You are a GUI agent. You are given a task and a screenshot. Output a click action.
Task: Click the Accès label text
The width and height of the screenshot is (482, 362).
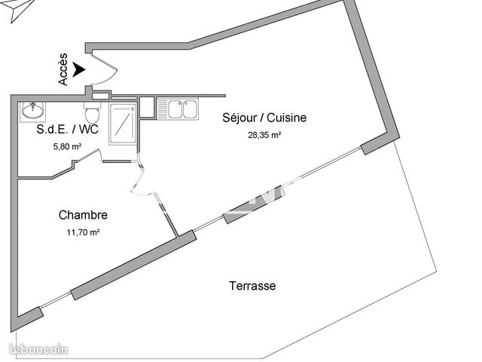click(x=63, y=69)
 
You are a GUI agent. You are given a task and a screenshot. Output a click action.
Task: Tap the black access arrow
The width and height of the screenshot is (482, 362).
click(x=78, y=69)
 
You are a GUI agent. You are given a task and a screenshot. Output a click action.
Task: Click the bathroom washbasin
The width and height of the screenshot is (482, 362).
click(x=32, y=110)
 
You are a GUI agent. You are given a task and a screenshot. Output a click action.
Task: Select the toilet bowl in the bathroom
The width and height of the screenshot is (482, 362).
click(x=92, y=113)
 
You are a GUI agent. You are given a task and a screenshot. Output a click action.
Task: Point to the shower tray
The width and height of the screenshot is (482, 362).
click(x=122, y=124)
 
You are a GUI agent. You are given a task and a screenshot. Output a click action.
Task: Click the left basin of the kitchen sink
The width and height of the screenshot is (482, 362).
click(x=175, y=109)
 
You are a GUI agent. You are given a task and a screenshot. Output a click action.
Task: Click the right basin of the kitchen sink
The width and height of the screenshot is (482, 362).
click(x=190, y=109)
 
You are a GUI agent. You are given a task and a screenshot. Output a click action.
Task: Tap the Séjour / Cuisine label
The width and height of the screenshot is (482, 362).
click(x=264, y=118)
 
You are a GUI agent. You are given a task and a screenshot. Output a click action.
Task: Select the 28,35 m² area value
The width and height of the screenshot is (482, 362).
click(x=264, y=135)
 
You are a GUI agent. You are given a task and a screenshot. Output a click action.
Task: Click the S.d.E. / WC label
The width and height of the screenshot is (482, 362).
click(x=67, y=129)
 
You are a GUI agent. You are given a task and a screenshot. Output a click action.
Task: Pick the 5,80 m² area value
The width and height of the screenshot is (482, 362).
click(x=67, y=146)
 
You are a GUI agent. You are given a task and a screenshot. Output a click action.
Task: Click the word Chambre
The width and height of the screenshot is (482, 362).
click(x=83, y=215)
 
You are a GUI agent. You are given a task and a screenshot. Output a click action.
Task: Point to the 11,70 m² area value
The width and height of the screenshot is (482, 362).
click(x=83, y=232)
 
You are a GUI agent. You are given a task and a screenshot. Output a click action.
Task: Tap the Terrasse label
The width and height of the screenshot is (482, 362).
click(x=252, y=286)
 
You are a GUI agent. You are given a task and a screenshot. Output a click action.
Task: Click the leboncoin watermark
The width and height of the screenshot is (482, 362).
click(x=38, y=350)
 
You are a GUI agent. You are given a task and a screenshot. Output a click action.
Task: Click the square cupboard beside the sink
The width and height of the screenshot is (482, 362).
click(x=147, y=107)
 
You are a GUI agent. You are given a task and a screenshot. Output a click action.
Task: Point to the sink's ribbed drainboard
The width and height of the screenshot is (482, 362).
click(x=162, y=109)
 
